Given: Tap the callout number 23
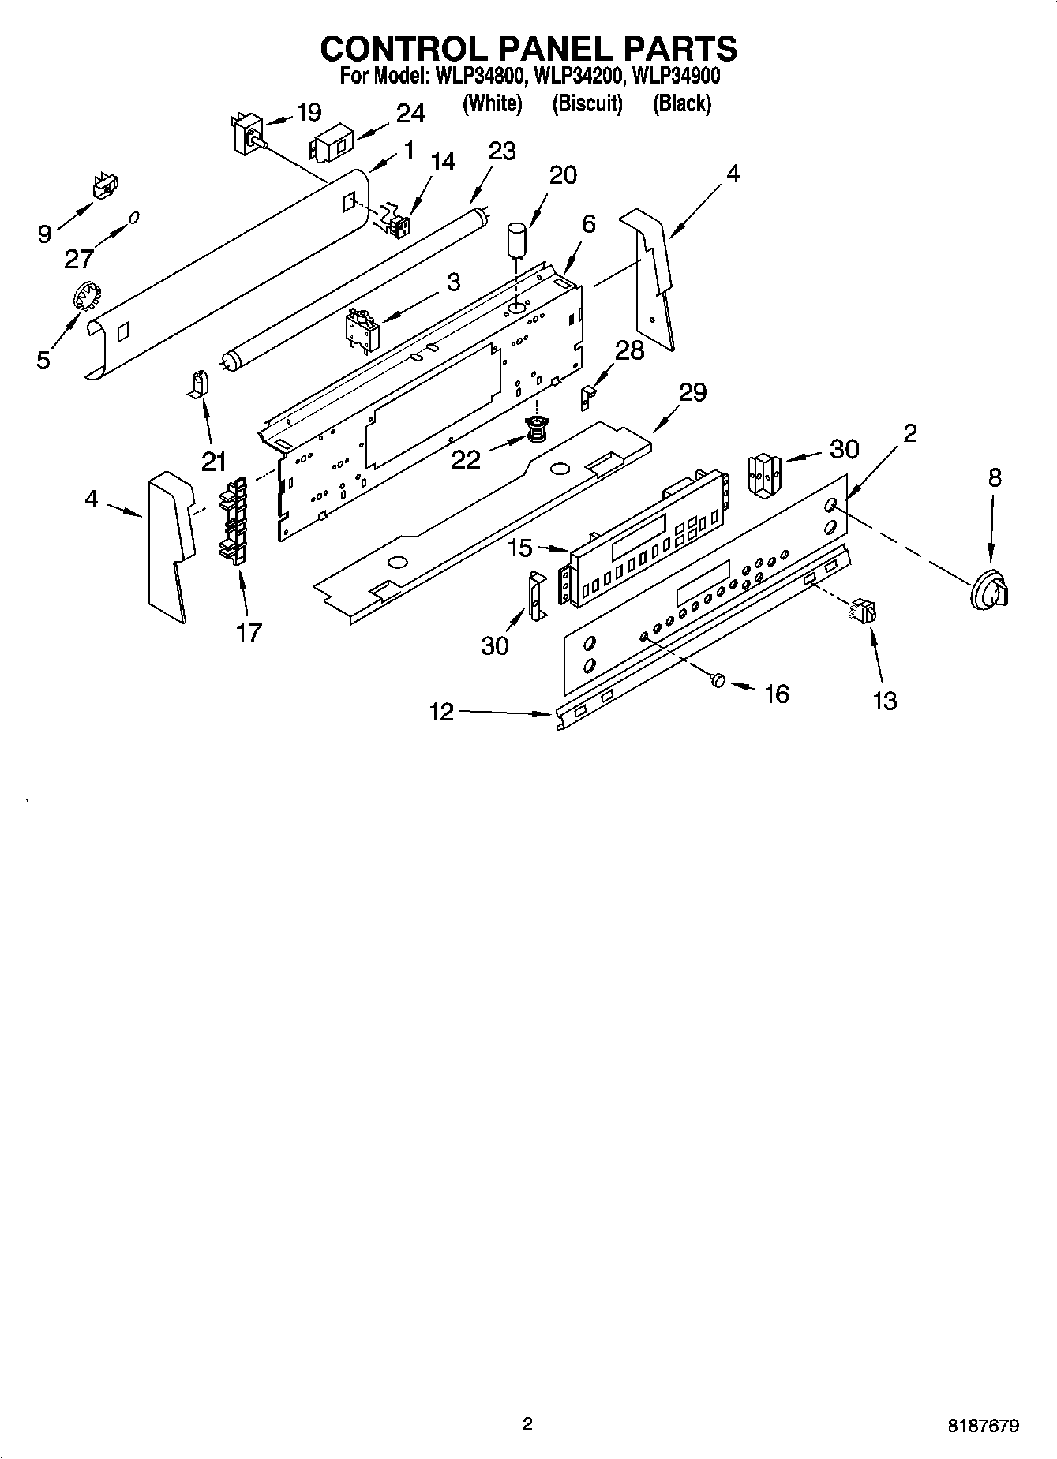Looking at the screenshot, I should pyautogui.click(x=502, y=151).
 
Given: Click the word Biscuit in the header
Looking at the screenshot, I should pyautogui.click(x=587, y=103).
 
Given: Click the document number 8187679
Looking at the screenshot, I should pyautogui.click(x=983, y=1426).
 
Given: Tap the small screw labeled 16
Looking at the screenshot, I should pyautogui.click(x=717, y=679).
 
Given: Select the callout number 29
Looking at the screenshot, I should pyautogui.click(x=692, y=392).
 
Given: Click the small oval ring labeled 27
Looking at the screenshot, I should pyautogui.click(x=135, y=216).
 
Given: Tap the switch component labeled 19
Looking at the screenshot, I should pyautogui.click(x=249, y=132).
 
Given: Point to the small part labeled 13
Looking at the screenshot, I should pyautogui.click(x=865, y=611).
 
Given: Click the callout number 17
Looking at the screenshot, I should pyautogui.click(x=248, y=632).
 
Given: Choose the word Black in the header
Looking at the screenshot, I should pyautogui.click(x=682, y=103).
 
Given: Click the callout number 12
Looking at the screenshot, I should pyautogui.click(x=441, y=712).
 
